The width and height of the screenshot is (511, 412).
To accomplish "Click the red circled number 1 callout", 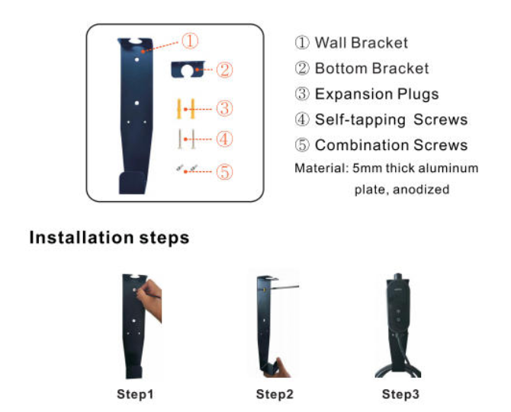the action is point(190,41).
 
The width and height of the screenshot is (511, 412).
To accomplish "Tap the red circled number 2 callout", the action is point(224,69).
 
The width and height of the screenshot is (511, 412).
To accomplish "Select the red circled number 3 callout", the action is point(224,108).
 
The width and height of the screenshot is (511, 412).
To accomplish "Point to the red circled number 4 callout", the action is point(224,139).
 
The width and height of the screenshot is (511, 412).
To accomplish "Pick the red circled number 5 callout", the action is point(224,171).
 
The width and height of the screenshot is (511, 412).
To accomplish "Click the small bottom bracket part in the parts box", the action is point(188,69).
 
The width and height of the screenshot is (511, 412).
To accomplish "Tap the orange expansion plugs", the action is point(186,109).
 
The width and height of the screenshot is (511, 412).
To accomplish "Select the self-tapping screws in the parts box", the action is point(186,139).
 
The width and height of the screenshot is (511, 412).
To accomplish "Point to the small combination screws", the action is point(187,168).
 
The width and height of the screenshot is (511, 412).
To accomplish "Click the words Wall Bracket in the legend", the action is point(361,43).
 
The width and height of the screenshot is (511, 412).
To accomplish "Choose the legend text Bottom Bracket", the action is point(371,69).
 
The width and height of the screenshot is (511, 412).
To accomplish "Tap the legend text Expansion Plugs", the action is point(377,94).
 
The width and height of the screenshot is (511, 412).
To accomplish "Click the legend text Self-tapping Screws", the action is point(391,120).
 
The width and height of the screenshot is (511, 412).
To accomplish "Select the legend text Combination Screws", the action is point(391,145).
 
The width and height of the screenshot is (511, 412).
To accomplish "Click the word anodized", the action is point(421,189).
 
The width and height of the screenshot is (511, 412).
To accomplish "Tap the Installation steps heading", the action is point(109,238).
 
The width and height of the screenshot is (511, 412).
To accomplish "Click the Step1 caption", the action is point(135,394).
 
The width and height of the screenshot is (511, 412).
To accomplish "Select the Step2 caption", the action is point(275,394).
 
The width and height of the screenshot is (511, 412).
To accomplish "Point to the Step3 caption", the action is point(400,394).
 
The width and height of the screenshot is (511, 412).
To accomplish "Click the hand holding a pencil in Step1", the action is point(150,299).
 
